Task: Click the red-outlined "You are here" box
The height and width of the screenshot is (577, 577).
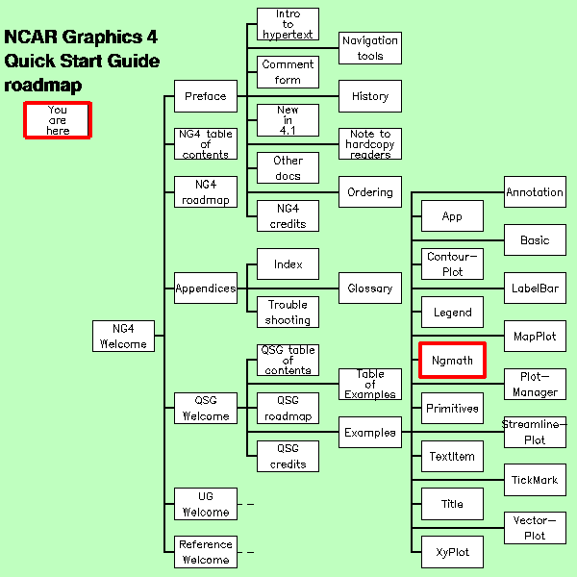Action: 58,120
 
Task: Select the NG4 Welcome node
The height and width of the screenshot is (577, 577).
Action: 123,336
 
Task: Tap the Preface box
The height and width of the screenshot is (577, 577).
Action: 205,96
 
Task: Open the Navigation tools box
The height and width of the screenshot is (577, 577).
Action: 369,48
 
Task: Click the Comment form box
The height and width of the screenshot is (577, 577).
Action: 288,72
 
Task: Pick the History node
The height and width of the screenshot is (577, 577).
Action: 369,96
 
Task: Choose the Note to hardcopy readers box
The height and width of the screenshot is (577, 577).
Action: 369,143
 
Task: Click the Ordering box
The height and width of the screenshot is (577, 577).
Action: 369,191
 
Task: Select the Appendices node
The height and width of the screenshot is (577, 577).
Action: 205,288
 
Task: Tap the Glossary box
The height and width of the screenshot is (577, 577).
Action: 369,288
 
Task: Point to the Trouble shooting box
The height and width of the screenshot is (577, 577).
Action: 288,312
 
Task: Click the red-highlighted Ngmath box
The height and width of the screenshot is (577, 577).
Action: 452,360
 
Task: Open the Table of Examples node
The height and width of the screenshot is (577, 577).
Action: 369,385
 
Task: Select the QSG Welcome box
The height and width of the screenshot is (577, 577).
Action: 205,408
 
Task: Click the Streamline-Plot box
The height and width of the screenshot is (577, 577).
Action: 535,432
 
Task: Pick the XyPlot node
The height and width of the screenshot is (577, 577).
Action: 452,552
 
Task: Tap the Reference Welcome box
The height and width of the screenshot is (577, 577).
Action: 205,552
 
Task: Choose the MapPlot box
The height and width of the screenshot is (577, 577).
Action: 535,336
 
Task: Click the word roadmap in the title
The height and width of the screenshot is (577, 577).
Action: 42,86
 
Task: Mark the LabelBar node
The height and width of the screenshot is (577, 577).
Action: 535,288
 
